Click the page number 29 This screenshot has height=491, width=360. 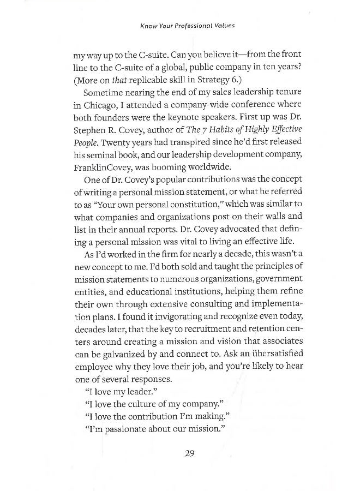tap(189, 453)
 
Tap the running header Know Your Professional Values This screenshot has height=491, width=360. tap(179, 25)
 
